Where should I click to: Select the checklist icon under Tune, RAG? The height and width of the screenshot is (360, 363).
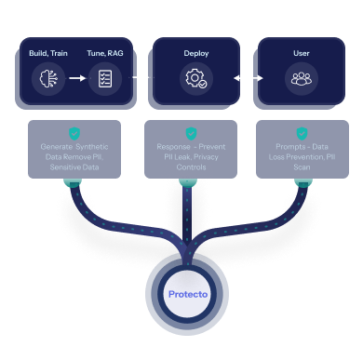click(x=104, y=80)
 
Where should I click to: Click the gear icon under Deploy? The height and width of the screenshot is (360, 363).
click(x=196, y=80)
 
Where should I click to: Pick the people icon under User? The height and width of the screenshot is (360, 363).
click(x=301, y=80)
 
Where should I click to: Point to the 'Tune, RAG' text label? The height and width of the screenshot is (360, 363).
click(x=104, y=53)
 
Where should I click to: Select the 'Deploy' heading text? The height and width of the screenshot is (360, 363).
click(x=196, y=53)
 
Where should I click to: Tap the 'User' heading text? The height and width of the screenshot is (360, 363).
click(x=301, y=53)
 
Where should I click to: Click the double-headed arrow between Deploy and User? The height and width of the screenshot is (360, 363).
click(x=248, y=78)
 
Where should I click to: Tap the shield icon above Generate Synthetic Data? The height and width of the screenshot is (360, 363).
click(x=74, y=133)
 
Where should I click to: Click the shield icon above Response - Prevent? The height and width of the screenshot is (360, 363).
click(x=191, y=133)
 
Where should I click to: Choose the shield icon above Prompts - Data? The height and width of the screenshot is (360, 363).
click(x=302, y=133)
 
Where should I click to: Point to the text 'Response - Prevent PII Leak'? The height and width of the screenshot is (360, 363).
click(x=191, y=153)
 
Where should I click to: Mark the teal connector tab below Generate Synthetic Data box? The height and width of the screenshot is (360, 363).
click(x=73, y=182)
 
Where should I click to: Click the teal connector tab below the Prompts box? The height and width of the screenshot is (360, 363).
click(x=302, y=182)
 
